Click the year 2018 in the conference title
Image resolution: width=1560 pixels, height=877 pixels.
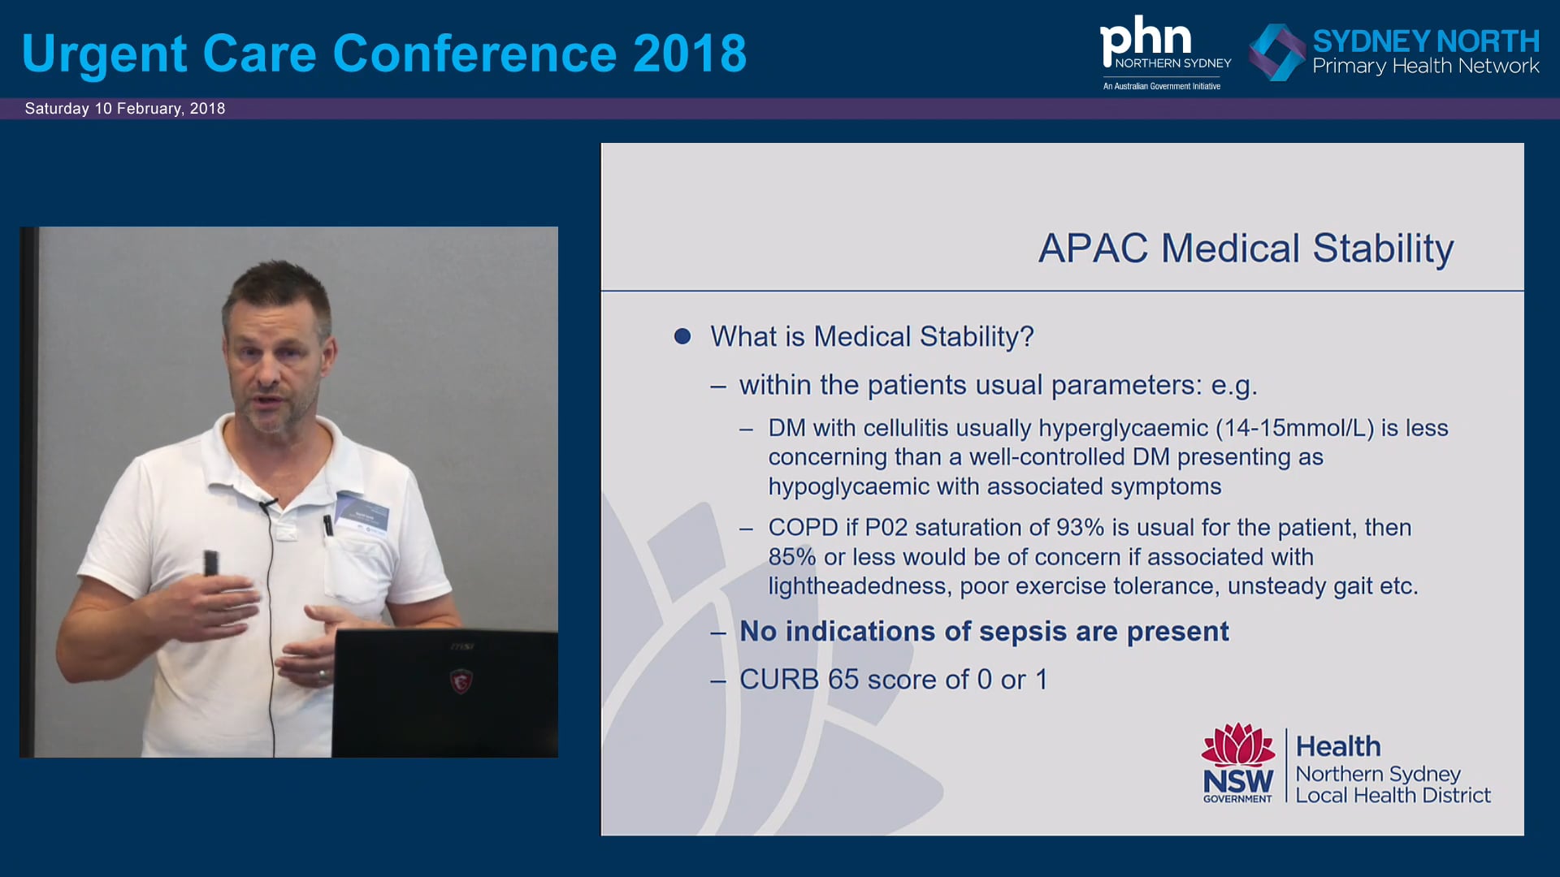(x=690, y=54)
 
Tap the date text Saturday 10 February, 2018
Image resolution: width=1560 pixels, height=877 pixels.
(x=125, y=109)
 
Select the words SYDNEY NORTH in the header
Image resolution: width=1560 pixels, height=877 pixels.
(x=1426, y=41)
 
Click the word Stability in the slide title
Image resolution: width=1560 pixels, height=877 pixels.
(x=1383, y=248)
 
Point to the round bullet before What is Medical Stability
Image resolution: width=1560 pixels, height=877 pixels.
(x=682, y=336)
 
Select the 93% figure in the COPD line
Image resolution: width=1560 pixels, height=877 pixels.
(x=1081, y=528)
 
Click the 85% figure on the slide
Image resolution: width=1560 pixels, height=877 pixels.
(x=792, y=557)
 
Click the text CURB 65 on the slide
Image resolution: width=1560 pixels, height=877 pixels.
(x=798, y=680)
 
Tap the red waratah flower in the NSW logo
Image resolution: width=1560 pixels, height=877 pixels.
(x=1238, y=745)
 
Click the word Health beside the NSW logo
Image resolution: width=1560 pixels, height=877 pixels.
(x=1338, y=746)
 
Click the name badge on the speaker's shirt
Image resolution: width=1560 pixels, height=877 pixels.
(x=362, y=513)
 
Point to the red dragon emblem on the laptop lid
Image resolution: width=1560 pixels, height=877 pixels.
(x=461, y=680)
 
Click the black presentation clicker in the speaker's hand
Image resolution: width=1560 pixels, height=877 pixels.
(x=210, y=563)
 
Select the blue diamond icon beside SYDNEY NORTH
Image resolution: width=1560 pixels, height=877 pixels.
(x=1276, y=52)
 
